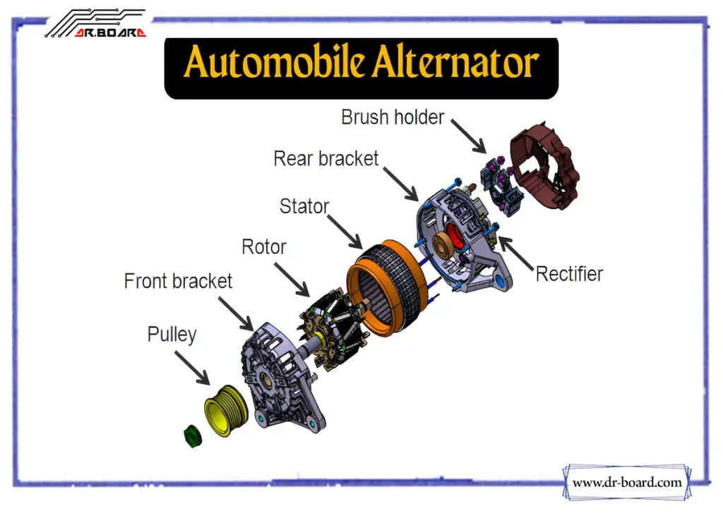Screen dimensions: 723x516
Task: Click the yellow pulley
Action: coord(225,411)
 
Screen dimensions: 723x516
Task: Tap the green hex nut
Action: coord(193,436)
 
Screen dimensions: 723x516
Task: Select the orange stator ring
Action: coord(388,288)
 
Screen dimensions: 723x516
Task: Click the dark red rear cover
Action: coord(544,166)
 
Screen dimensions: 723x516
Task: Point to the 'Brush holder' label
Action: coord(393,117)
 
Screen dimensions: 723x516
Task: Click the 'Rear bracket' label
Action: coord(325,159)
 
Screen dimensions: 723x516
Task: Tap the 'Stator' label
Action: coord(304,206)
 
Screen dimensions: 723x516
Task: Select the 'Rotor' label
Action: coord(264,247)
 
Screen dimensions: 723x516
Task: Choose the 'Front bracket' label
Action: coord(178,281)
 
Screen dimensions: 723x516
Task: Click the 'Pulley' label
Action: coord(172,335)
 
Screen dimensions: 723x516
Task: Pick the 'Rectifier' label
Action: coord(569,274)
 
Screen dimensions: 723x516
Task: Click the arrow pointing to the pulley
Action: coord(192,368)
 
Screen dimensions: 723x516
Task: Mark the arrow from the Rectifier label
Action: coord(516,253)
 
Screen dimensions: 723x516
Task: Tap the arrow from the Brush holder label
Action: coord(469,136)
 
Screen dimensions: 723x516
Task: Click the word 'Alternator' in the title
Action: coord(455,62)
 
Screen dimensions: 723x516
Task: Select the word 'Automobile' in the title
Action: coord(273,62)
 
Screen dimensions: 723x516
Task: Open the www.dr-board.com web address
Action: coord(627,482)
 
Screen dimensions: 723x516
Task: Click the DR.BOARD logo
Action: coord(97,23)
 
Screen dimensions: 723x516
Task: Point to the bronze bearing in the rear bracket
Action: coord(442,243)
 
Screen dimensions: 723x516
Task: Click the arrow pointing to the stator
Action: coord(345,232)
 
